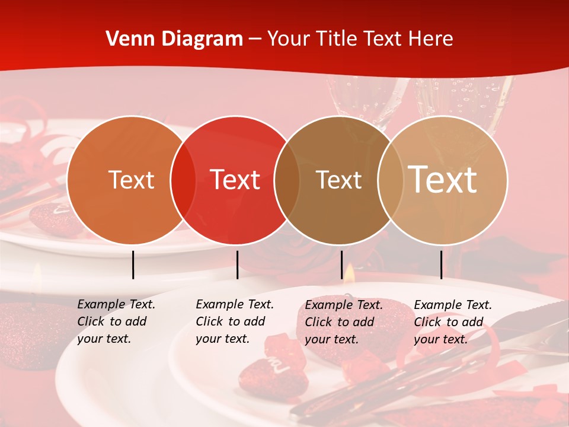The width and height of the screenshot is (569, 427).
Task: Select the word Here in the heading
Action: [x=430, y=39]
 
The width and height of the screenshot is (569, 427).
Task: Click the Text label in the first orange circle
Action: [x=131, y=180]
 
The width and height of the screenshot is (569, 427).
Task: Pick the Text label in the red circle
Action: [x=235, y=180]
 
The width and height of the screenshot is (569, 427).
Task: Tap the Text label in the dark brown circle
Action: [x=338, y=180]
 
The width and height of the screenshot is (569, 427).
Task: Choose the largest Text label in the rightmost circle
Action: [x=443, y=180]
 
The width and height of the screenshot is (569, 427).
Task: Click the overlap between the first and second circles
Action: [x=183, y=180]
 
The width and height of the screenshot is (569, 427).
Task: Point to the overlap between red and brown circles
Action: [x=287, y=180]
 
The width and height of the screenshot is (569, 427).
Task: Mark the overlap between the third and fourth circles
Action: [x=390, y=180]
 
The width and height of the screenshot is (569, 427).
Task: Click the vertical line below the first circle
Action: [x=133, y=265]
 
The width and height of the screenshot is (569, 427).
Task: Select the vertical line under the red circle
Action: [x=237, y=265]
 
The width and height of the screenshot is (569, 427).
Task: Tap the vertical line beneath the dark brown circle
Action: [x=342, y=265]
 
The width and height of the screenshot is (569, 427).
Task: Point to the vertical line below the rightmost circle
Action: [x=442, y=265]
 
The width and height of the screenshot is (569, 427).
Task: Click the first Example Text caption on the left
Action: [x=116, y=321]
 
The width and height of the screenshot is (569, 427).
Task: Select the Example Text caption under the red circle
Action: [x=235, y=321]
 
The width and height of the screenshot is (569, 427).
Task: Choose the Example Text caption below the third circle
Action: [x=344, y=322]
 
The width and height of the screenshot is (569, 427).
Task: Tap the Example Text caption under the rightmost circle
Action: [x=453, y=322]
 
